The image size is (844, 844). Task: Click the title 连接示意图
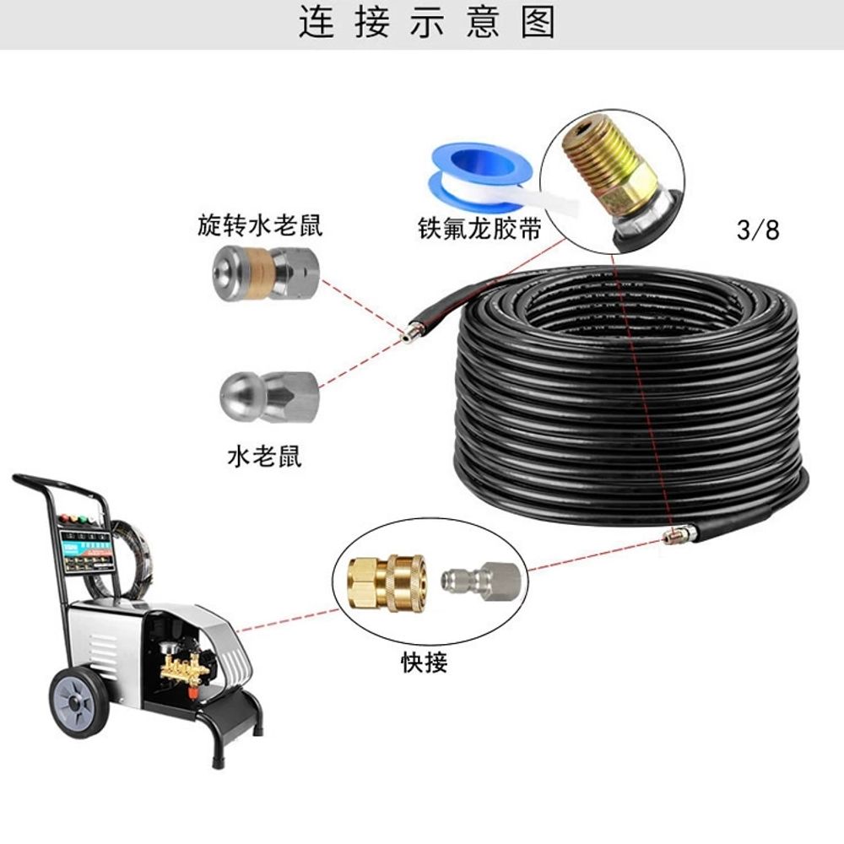point(427,23)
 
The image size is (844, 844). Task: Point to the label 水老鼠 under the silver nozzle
point(264,457)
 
